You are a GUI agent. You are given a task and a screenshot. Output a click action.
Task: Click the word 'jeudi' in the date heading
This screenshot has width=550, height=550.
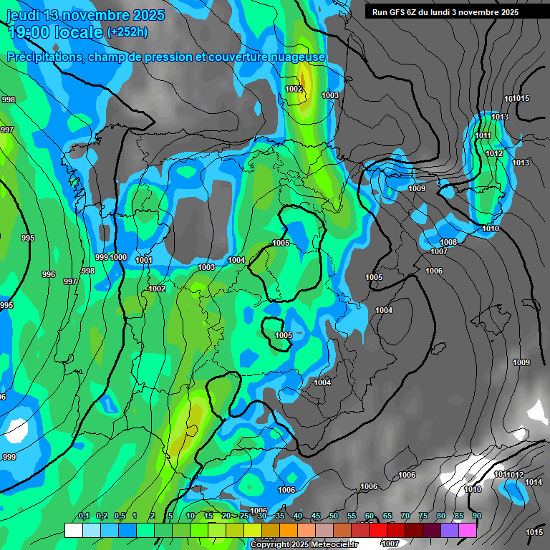click(22, 15)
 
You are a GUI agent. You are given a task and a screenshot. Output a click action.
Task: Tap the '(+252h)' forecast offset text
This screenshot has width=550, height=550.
click(127, 32)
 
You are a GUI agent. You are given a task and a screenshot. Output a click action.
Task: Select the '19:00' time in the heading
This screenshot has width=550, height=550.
click(29, 32)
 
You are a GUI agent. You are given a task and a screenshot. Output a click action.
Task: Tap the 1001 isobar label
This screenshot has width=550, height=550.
click(143, 260)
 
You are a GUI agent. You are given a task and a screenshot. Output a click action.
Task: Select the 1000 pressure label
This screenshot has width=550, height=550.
click(118, 257)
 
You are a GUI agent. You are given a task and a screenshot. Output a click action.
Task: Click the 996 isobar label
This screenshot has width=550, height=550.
click(49, 274)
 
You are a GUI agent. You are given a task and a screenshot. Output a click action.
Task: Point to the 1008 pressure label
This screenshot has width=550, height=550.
click(448, 243)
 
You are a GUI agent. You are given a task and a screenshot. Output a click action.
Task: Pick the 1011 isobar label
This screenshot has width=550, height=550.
click(483, 135)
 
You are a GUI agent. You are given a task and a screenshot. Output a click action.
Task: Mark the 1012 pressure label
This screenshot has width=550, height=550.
click(494, 153)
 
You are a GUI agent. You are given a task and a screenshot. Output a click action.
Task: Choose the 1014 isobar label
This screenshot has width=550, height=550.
click(534, 482)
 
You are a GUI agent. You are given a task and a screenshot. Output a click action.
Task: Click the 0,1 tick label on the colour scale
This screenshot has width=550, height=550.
click(84, 516)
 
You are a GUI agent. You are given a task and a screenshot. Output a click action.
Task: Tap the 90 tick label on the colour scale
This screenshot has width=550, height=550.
click(476, 516)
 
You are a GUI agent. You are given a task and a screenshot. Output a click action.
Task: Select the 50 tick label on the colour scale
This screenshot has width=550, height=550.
click(334, 516)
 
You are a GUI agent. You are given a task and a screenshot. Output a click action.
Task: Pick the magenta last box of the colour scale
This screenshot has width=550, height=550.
click(468, 530)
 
